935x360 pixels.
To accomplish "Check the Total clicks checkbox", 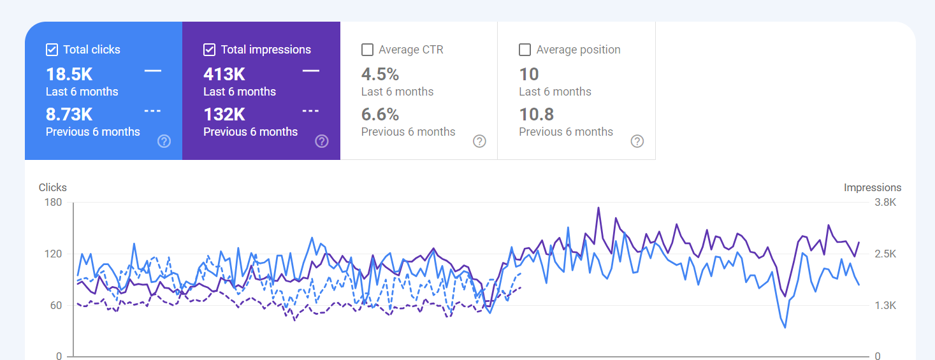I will [52, 50].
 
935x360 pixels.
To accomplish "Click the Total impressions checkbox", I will [209, 50].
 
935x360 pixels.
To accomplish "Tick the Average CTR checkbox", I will [367, 50].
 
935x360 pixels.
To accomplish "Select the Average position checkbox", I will [525, 50].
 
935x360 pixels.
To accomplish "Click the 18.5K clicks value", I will [69, 75].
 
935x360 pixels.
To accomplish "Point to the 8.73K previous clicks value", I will [69, 115].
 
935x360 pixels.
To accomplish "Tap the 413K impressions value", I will [224, 75].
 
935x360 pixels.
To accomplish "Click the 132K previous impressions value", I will [224, 115].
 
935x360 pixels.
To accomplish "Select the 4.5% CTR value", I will [380, 75].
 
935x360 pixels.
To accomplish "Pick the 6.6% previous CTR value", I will [380, 115].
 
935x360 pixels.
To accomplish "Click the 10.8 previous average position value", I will [536, 115].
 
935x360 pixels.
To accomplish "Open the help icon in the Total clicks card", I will [164, 141].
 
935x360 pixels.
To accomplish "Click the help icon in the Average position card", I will [637, 141].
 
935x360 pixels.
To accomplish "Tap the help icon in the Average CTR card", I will [479, 141].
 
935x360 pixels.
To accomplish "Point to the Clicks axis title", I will [53, 187].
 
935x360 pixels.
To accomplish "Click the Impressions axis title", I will [873, 187].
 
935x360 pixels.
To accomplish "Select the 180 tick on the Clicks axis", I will [53, 203].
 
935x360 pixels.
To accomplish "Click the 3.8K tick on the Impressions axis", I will [885, 203].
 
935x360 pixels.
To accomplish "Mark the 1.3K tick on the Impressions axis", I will [885, 306].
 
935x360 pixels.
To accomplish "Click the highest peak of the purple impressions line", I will [598, 208].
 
